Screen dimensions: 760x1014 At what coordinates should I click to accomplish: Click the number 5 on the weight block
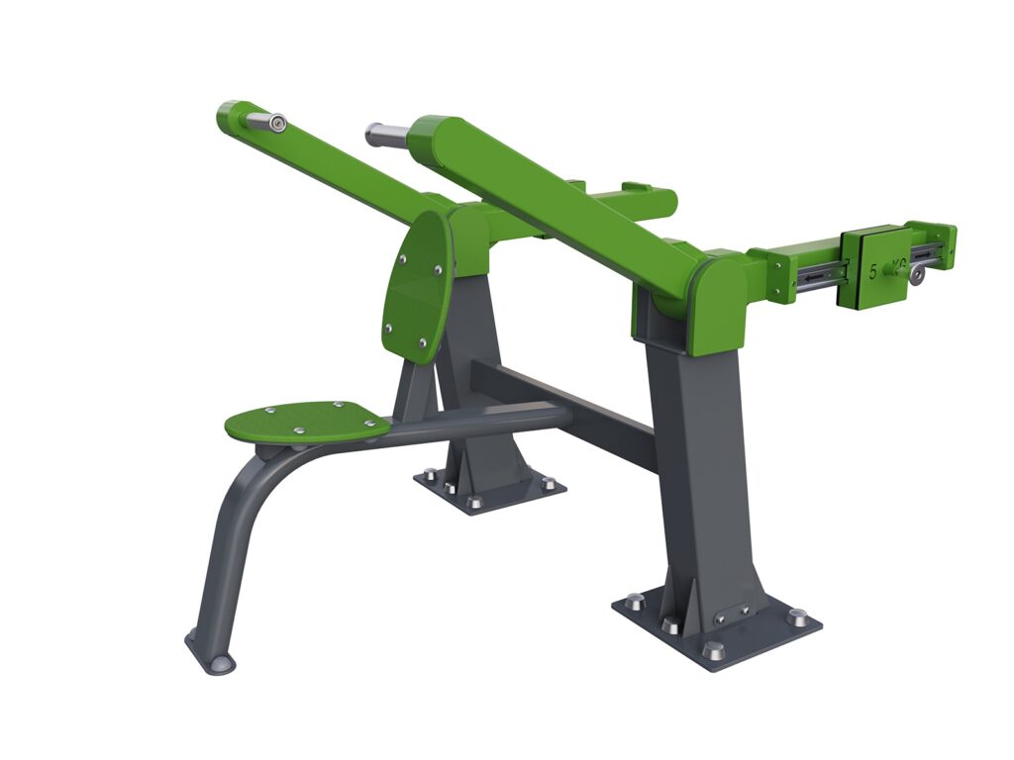[x=872, y=270]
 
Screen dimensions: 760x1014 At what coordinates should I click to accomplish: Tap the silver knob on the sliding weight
[x=920, y=276]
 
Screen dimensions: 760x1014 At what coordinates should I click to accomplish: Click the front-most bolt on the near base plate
[x=713, y=650]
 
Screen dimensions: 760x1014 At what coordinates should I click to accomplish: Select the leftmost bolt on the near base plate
[x=634, y=600]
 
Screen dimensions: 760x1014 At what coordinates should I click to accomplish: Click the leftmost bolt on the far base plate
[x=428, y=473]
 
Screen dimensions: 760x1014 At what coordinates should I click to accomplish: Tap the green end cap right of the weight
[x=935, y=246]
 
